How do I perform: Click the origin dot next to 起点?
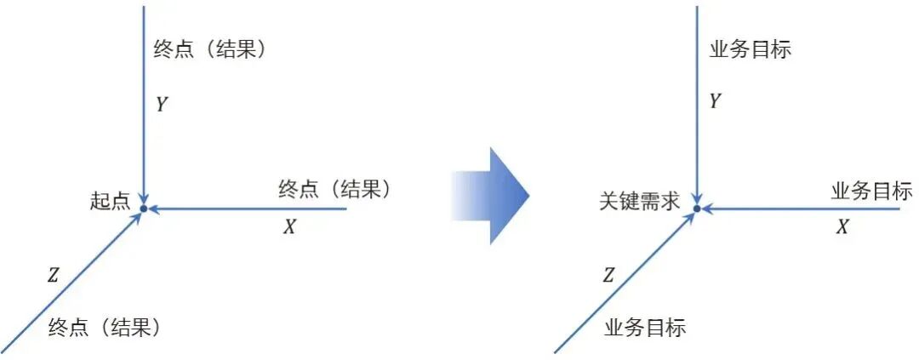click(144, 208)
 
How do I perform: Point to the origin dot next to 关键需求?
click(697, 208)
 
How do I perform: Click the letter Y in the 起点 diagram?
click(162, 105)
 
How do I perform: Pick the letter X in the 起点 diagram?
click(289, 227)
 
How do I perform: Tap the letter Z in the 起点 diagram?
click(53, 274)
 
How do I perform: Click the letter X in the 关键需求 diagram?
click(842, 227)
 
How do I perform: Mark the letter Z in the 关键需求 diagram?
click(608, 274)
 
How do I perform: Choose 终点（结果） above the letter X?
click(336, 190)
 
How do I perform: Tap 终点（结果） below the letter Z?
click(105, 327)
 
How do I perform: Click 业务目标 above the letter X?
click(871, 191)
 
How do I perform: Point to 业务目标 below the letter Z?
click(645, 327)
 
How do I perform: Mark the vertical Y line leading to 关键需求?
click(697, 128)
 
